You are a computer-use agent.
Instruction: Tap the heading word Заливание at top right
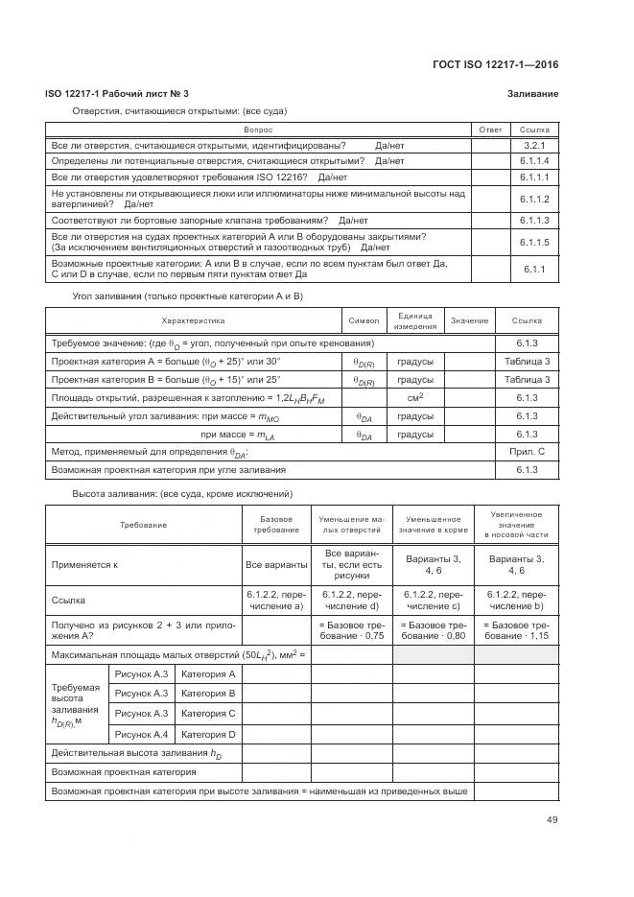[532, 93]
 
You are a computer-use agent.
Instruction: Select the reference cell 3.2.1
[534, 145]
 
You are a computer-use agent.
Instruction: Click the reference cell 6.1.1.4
[534, 161]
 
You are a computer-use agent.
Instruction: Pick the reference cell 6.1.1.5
[534, 243]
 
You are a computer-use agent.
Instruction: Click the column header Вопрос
[258, 130]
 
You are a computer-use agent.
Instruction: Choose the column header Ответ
[490, 130]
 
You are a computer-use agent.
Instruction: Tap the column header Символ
[364, 320]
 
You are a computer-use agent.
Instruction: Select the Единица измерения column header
[414, 320]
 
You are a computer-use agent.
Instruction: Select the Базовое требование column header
[277, 524]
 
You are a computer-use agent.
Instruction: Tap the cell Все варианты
[277, 565]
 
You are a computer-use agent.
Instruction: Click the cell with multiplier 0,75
[352, 629]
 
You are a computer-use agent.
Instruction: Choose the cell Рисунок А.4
[141, 734]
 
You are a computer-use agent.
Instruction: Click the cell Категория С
[208, 714]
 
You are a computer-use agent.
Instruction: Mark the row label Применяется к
[84, 565]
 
